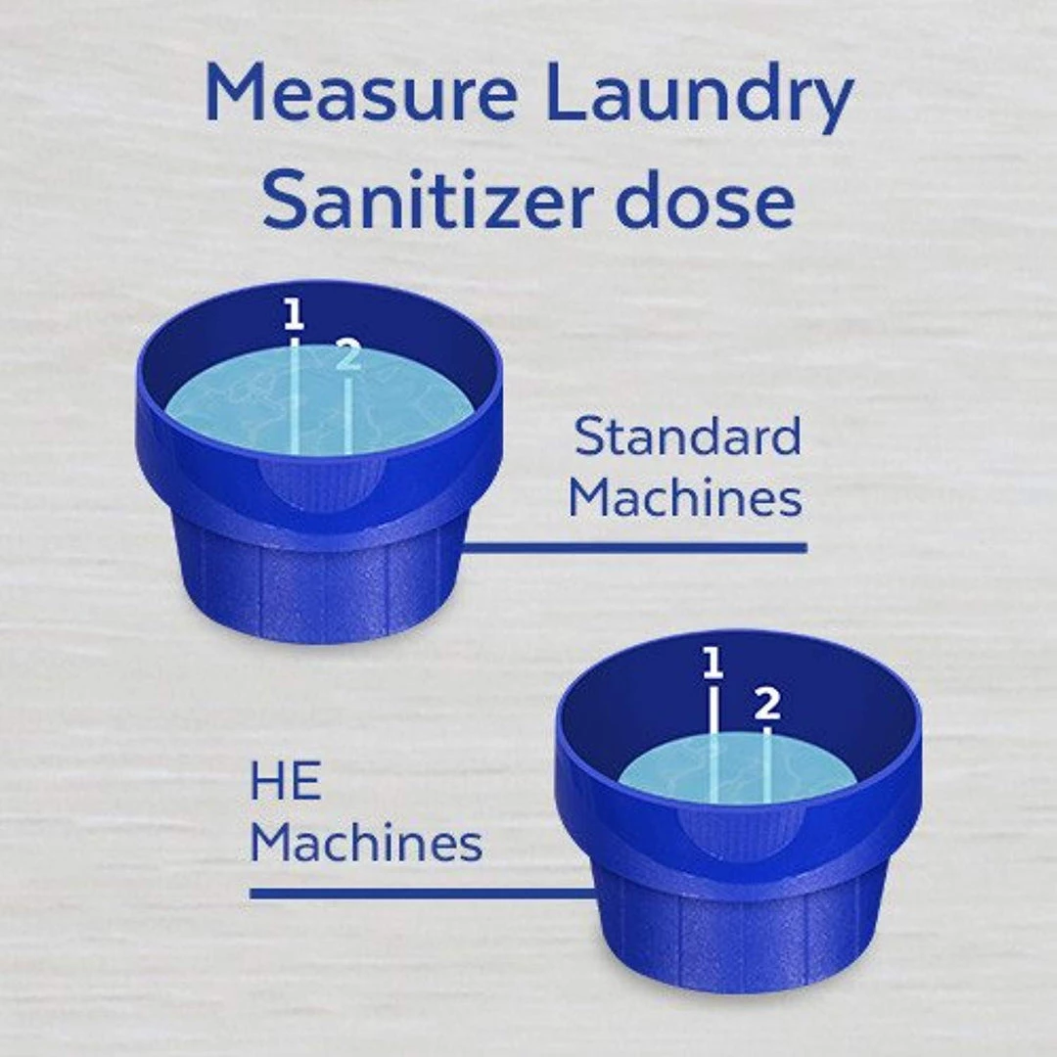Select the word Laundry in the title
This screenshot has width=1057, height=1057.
(700, 99)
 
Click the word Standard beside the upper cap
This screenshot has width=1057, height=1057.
(688, 437)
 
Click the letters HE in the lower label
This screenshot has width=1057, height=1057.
(285, 781)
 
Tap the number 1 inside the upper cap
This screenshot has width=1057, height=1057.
(294, 315)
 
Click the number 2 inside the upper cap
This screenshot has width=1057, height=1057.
(347, 354)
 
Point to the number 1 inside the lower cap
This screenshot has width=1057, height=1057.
(712, 663)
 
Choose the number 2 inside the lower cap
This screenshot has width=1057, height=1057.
(767, 704)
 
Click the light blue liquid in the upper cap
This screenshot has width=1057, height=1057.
(319, 401)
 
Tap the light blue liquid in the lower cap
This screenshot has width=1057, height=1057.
(737, 768)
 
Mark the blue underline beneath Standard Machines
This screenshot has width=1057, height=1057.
(633, 547)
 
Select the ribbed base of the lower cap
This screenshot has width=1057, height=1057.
(737, 931)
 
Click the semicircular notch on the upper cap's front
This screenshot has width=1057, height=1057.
(322, 484)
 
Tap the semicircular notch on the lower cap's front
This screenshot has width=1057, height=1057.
(740, 833)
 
